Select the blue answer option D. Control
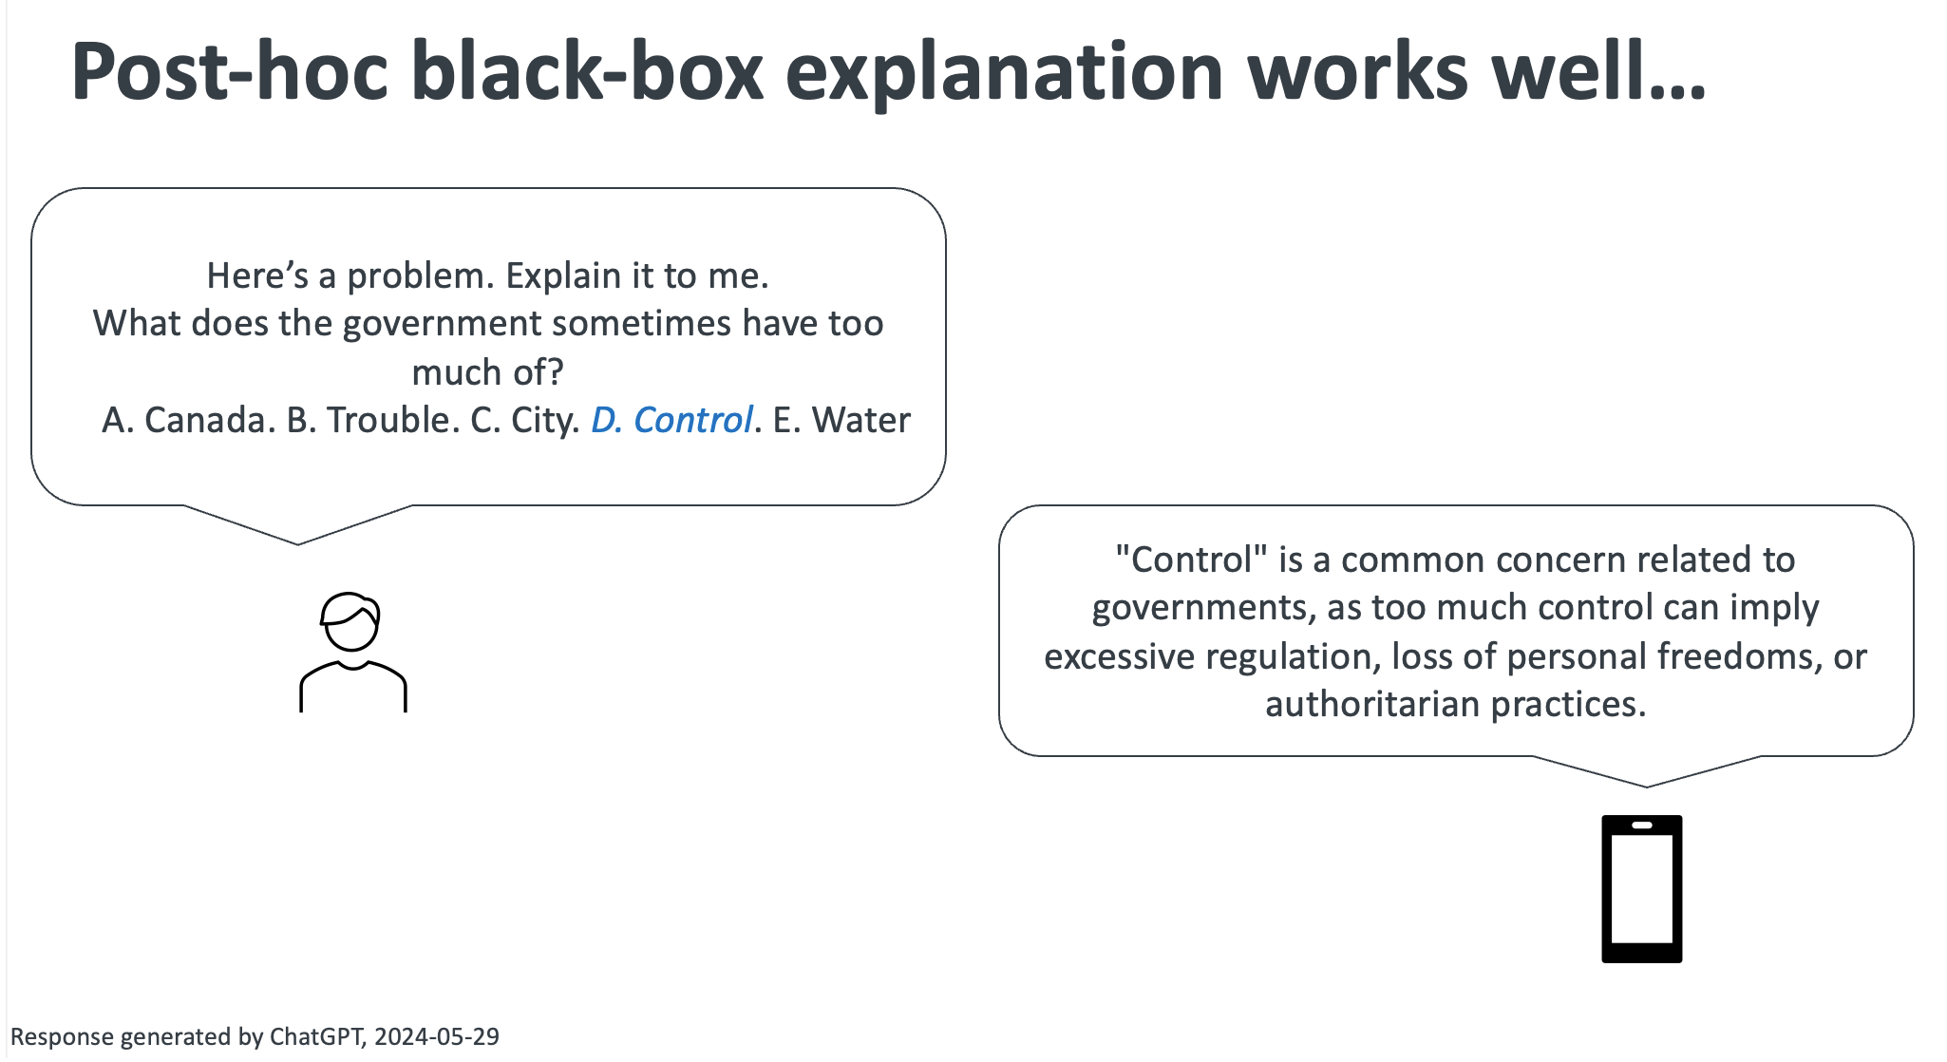click(x=671, y=420)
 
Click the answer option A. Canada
click(x=188, y=420)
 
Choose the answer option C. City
click(x=524, y=420)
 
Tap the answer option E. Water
click(x=841, y=420)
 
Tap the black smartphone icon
click(x=1641, y=889)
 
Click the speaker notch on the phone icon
click(x=1641, y=825)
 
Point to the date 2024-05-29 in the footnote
click(x=436, y=1036)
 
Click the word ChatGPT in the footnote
click(x=315, y=1036)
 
